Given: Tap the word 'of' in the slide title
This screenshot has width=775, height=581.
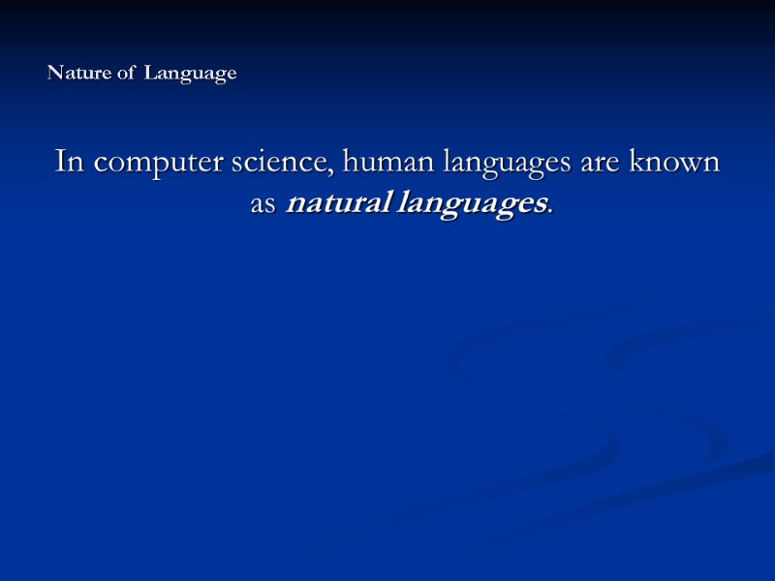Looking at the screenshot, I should [x=127, y=74].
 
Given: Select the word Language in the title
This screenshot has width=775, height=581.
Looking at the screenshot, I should [x=191, y=75].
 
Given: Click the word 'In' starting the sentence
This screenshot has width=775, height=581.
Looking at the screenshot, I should [x=68, y=162].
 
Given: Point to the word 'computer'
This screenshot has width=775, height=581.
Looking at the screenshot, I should [x=156, y=164].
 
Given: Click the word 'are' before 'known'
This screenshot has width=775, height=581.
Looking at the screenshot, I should [x=600, y=164].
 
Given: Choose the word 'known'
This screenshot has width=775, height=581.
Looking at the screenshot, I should [x=675, y=162].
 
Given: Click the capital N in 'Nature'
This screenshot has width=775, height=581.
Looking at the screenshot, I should [x=54, y=74].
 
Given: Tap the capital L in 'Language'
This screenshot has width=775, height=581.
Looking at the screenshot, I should [x=150, y=74].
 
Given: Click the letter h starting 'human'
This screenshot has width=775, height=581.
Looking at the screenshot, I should [x=350, y=161].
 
